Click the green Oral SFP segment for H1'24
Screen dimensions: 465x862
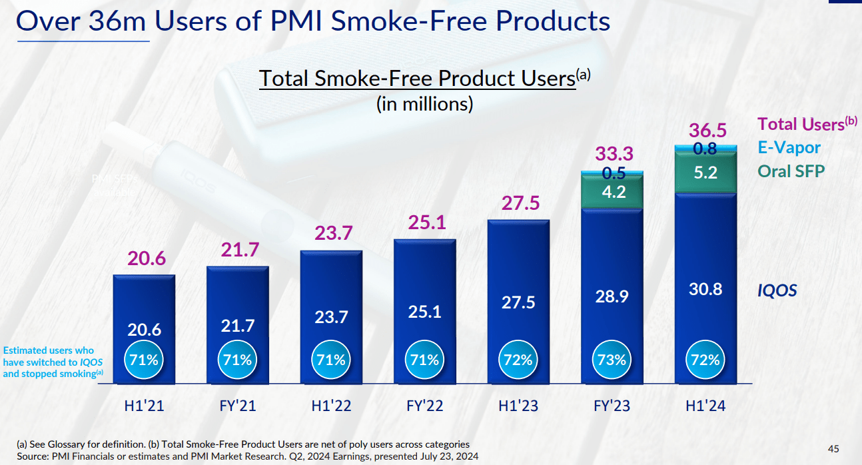[x=705, y=173]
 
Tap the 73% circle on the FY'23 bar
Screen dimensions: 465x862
[x=612, y=360]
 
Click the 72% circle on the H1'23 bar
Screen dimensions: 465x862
[x=518, y=360]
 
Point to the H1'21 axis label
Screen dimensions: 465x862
[x=143, y=405]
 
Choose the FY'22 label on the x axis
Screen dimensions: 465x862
[x=424, y=405]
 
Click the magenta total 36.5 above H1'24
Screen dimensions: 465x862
[x=708, y=130]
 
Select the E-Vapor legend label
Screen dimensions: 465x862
[x=789, y=147]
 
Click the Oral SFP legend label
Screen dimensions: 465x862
[x=791, y=171]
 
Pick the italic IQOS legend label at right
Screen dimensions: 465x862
[x=777, y=290]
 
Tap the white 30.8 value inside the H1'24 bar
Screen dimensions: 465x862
[x=705, y=289]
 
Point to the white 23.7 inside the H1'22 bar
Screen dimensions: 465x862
[x=331, y=317]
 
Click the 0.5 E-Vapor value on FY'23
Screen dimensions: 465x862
[x=613, y=173]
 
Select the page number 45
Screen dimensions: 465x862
[x=833, y=448]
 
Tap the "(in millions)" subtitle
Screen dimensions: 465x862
[x=424, y=104]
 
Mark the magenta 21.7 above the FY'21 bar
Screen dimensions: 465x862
[x=237, y=250]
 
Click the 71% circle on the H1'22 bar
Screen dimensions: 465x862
[x=331, y=360]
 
